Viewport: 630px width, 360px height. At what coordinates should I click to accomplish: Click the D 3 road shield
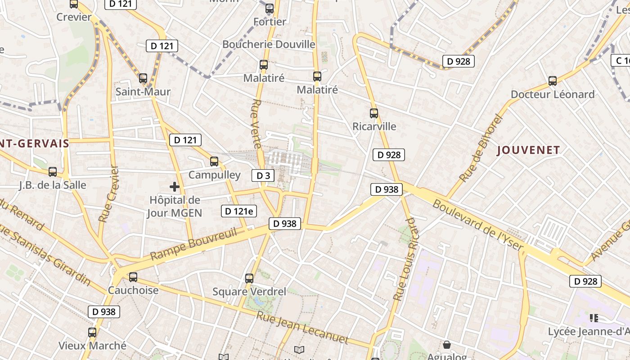[x=263, y=175]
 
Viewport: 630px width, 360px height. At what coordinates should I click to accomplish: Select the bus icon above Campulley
[x=214, y=161]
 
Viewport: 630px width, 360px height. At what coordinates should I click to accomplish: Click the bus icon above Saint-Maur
[x=143, y=78]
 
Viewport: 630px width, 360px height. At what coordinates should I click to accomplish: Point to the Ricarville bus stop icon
[x=374, y=113]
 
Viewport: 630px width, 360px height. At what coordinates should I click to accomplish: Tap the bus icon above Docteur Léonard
[x=553, y=81]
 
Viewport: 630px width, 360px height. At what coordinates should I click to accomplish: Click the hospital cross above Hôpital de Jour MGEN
[x=175, y=187]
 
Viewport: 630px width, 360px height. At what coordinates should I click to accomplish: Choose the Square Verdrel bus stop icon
[x=249, y=279]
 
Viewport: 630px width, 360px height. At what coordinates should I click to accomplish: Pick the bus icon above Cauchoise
[x=133, y=277]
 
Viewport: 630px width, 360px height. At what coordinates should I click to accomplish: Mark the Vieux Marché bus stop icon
[x=92, y=333]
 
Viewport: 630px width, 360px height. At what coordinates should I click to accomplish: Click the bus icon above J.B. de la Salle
[x=53, y=171]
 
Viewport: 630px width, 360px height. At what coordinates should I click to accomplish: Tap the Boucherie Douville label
[x=269, y=44]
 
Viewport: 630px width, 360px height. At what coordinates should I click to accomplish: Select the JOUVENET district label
[x=528, y=150]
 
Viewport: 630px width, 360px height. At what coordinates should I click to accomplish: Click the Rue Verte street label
[x=256, y=124]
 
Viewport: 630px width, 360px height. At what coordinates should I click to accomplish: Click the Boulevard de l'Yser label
[x=478, y=225]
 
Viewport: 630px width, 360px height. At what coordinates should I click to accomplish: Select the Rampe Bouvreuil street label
[x=193, y=243]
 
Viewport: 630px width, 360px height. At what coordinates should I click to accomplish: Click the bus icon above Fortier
[x=270, y=8]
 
